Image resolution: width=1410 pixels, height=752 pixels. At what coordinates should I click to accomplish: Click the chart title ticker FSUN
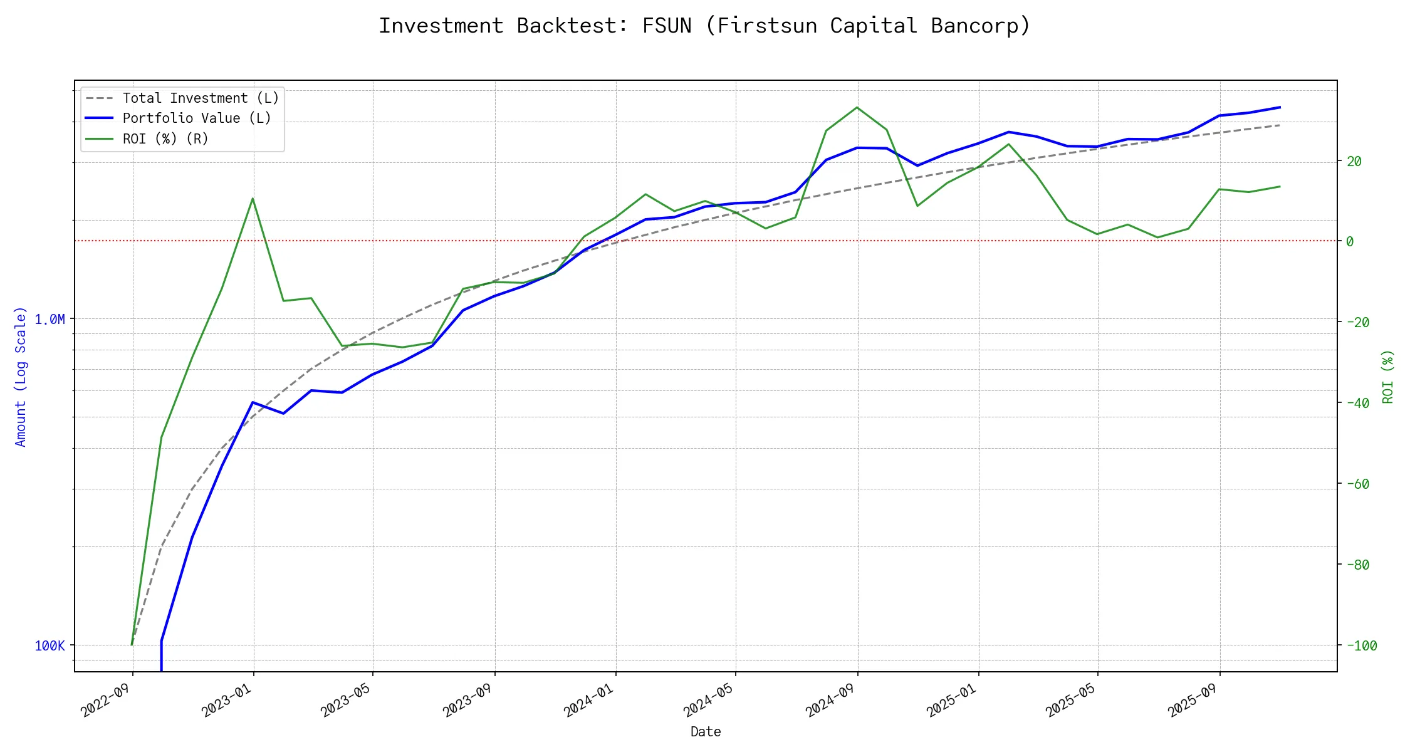pos(667,26)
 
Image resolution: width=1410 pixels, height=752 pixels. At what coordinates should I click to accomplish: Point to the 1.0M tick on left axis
pos(50,320)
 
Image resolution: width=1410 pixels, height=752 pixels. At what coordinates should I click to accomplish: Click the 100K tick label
pos(50,646)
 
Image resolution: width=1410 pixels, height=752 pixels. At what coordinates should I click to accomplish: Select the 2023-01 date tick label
pos(227,699)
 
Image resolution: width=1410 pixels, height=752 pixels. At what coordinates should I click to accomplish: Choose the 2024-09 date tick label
pos(831,699)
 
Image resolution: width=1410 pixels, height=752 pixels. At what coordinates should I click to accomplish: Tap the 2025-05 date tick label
pos(1071,699)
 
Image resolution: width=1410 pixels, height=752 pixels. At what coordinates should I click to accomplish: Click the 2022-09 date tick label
pos(106,699)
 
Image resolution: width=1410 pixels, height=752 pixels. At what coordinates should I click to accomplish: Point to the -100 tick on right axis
pos(1362,646)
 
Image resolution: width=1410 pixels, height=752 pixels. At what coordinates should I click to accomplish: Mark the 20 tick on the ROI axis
pos(1354,162)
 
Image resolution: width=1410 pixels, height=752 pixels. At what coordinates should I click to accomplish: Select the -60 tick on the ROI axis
pos(1358,484)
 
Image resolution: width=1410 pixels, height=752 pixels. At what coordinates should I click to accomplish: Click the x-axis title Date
pos(706,732)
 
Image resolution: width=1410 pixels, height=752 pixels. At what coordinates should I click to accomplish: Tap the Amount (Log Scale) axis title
pos(21,377)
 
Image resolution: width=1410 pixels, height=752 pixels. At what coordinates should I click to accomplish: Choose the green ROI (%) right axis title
pos(1387,377)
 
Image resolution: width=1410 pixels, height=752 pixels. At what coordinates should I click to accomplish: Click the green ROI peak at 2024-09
pos(857,107)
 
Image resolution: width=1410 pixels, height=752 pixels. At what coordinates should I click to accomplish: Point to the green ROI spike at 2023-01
pos(253,199)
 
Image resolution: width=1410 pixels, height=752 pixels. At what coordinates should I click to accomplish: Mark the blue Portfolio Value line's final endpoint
pos(1280,107)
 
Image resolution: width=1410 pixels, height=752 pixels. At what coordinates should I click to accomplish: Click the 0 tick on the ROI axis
pos(1350,242)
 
